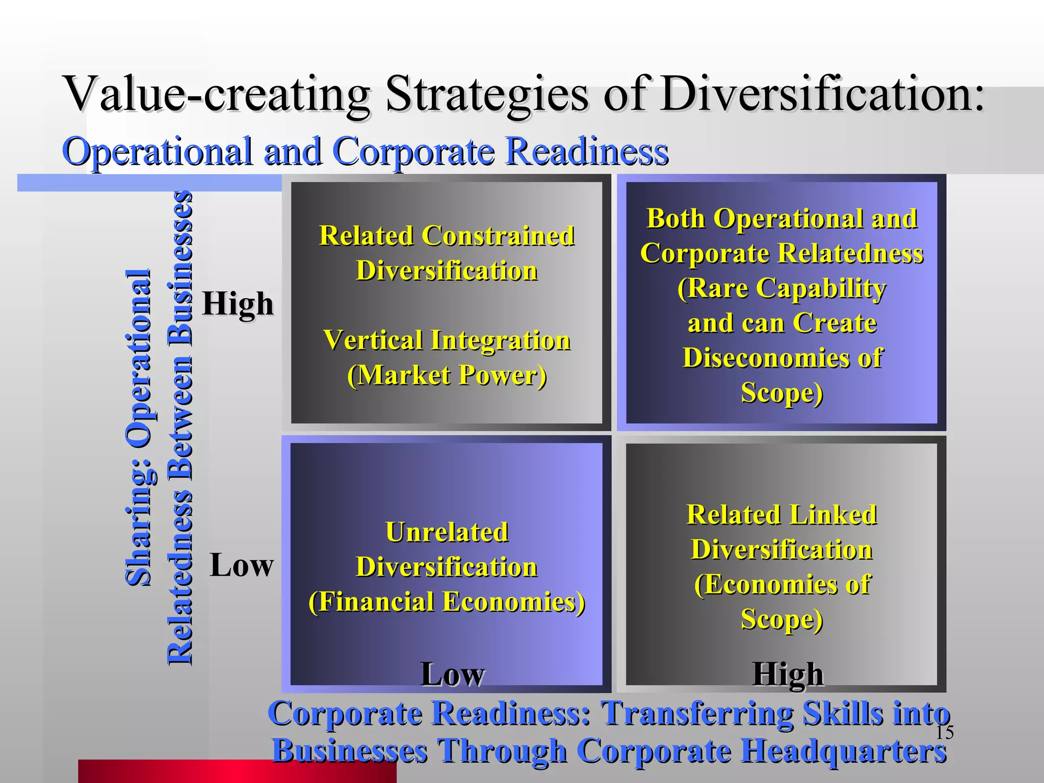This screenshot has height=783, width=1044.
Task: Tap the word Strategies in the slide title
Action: pos(487,95)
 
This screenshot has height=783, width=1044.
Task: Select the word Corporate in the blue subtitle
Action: pos(413,151)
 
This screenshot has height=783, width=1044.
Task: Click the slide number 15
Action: pos(945,733)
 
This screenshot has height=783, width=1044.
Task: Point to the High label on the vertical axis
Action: pos(238,304)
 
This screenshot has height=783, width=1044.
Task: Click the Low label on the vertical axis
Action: pos(242,565)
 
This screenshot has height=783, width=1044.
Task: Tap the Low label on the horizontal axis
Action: pos(452,674)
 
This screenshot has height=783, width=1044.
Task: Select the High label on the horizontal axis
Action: pos(788,674)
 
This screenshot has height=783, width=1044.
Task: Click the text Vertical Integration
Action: pos(447,340)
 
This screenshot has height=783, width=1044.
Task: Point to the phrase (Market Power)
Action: pos(447,375)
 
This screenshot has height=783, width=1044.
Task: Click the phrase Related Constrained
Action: pos(447,236)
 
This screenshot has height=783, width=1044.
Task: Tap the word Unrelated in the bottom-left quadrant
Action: pos(447,532)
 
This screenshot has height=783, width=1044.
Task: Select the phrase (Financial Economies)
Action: pos(447,602)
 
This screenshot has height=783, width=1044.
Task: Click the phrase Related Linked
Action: pos(782,514)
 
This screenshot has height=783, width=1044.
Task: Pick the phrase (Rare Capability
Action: pos(782,288)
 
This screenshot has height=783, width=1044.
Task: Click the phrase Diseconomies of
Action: pos(782,357)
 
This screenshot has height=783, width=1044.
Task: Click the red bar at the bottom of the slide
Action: pos(237,771)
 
